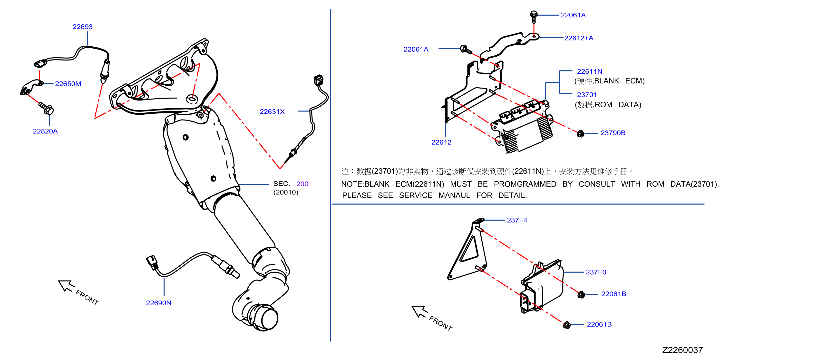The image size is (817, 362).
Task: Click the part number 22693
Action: click(82, 27)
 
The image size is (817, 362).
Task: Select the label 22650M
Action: click(68, 84)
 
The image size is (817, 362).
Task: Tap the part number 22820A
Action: click(45, 131)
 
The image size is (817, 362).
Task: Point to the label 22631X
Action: click(272, 112)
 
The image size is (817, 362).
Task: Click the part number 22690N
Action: click(159, 303)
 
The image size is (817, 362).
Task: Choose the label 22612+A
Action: click(579, 38)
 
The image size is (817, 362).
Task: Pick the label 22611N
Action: click(590, 71)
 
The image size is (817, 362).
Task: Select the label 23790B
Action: click(613, 133)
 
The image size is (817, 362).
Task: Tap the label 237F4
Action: click(517, 220)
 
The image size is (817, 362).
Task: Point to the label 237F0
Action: click(596, 272)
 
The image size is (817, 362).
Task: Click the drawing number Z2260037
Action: click(682, 350)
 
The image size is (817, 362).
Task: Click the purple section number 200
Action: click(302, 184)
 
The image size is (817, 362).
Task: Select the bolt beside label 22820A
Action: click(46, 108)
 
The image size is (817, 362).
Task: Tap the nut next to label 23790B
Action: click(580, 134)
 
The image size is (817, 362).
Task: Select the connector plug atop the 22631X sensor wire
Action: click(318, 80)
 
